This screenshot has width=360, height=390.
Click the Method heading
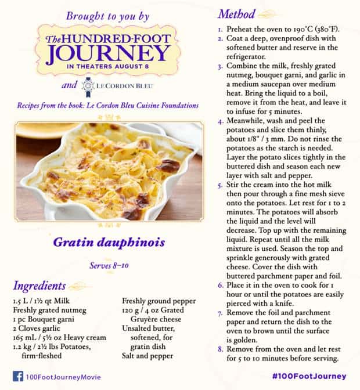237,13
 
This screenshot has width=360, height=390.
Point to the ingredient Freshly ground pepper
158,301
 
